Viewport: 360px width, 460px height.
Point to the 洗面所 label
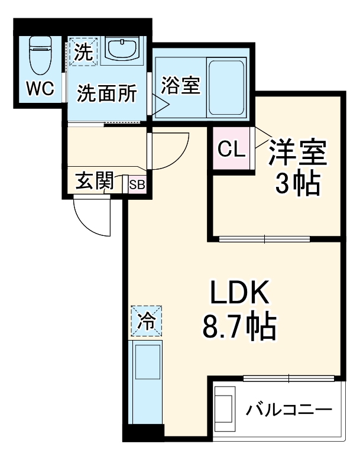pyautogui.click(x=108, y=93)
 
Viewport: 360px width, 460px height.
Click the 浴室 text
pyautogui.click(x=180, y=86)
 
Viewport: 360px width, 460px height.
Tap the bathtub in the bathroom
pyautogui.click(x=227, y=88)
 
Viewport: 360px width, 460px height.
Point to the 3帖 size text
pyautogui.click(x=297, y=185)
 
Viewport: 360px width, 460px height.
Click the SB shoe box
pyautogui.click(x=137, y=184)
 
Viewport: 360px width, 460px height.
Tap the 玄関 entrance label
pyautogui.click(x=95, y=182)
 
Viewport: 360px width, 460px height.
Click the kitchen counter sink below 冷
pyautogui.click(x=145, y=364)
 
